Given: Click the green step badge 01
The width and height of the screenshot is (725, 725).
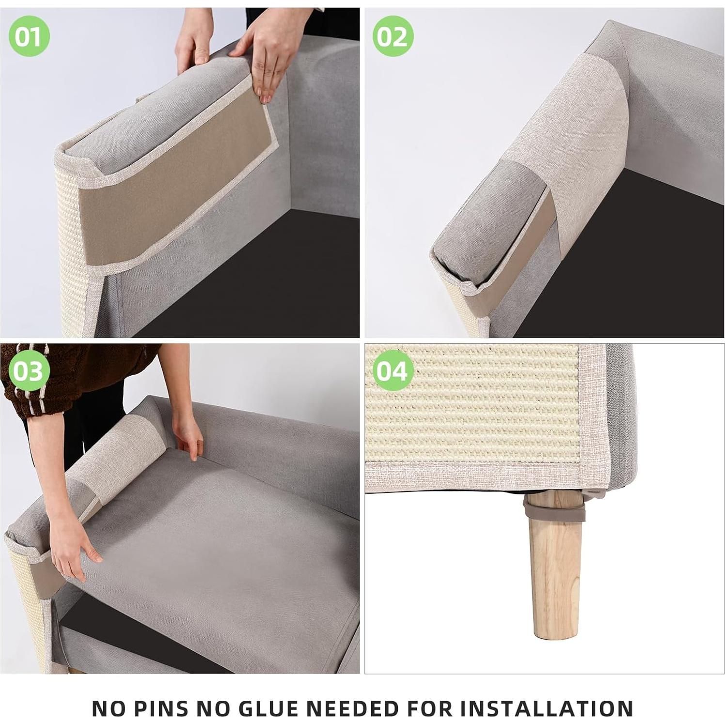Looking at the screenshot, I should (29, 36).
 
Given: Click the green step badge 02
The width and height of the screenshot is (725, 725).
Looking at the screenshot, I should (393, 36).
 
